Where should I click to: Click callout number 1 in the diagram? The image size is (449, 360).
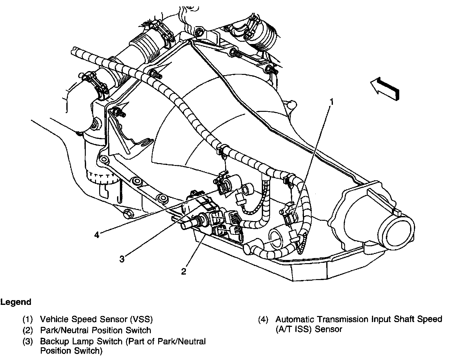[332, 102]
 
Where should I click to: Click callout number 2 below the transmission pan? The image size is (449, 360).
[184, 271]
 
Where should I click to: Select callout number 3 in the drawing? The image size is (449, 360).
[122, 259]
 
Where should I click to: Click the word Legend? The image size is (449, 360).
[16, 302]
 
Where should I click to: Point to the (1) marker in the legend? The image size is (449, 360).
[27, 319]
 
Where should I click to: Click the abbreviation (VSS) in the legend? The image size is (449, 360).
[141, 319]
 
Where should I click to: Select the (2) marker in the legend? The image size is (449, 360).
[27, 330]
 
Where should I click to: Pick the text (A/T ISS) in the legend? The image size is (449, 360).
[294, 329]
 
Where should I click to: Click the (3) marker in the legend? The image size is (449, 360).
[27, 342]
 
